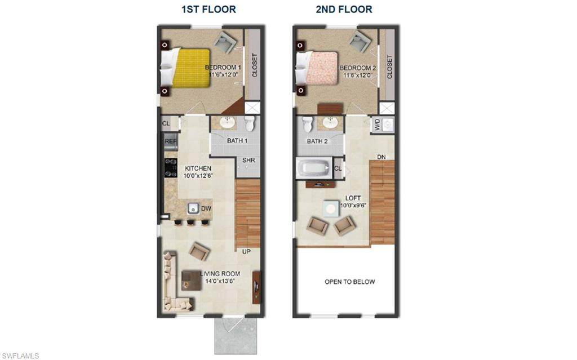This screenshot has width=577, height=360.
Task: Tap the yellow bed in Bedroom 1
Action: [190, 68]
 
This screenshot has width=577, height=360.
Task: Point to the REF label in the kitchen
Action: [170, 141]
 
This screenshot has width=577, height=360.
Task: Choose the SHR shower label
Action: [249, 160]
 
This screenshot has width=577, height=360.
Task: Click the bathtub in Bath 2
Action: [314, 168]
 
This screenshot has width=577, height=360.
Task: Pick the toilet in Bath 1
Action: [250, 124]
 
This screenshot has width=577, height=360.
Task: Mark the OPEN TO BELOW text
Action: [349, 282]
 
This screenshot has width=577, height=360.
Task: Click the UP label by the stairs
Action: [246, 251]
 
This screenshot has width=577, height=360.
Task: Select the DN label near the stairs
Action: [381, 157]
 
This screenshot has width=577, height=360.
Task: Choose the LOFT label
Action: [354, 198]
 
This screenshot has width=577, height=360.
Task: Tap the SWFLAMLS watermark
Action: [20, 355]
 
